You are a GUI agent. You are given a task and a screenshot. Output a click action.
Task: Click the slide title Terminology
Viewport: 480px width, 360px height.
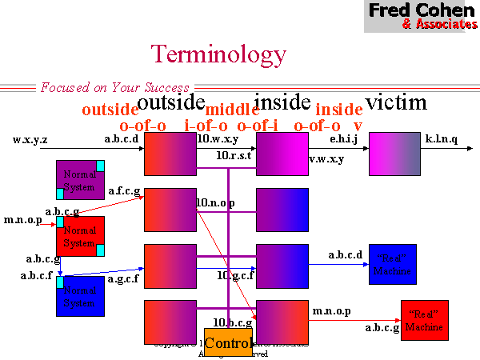click(218, 54)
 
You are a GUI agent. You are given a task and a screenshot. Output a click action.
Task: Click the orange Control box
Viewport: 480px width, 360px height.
click(228, 343)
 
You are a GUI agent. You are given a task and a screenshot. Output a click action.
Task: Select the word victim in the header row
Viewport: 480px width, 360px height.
click(396, 102)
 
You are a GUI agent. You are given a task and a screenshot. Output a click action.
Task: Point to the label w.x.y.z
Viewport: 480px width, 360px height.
click(30, 140)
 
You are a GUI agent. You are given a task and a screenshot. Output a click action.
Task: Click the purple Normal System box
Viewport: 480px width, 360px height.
click(79, 179)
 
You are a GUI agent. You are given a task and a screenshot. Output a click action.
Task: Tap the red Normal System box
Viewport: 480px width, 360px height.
click(79, 236)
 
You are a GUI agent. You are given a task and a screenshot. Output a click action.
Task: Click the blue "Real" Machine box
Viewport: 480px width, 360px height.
click(392, 265)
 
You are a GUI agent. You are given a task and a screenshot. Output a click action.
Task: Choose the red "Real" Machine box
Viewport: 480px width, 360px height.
click(424, 321)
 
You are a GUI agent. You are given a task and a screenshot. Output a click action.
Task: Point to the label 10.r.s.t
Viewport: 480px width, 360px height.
click(234, 155)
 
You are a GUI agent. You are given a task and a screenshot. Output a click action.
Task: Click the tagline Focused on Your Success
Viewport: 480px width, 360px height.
click(115, 87)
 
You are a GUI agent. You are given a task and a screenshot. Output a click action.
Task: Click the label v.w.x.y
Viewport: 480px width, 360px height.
click(326, 158)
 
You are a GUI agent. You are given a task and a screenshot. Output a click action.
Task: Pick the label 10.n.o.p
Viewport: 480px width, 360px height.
click(215, 203)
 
